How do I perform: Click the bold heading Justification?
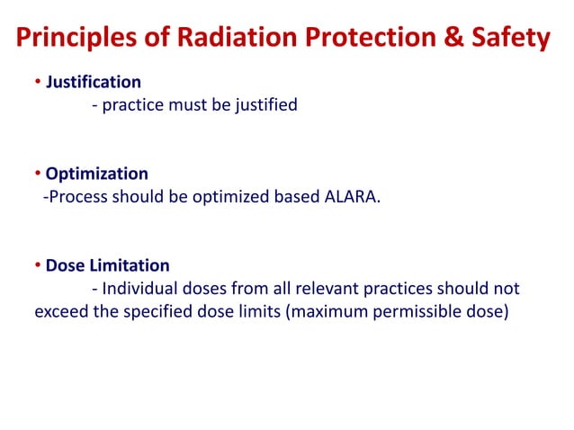pos(94,83)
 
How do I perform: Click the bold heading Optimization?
pos(96,174)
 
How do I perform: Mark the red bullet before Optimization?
pos(38,174)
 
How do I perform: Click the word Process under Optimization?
pos(78,197)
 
